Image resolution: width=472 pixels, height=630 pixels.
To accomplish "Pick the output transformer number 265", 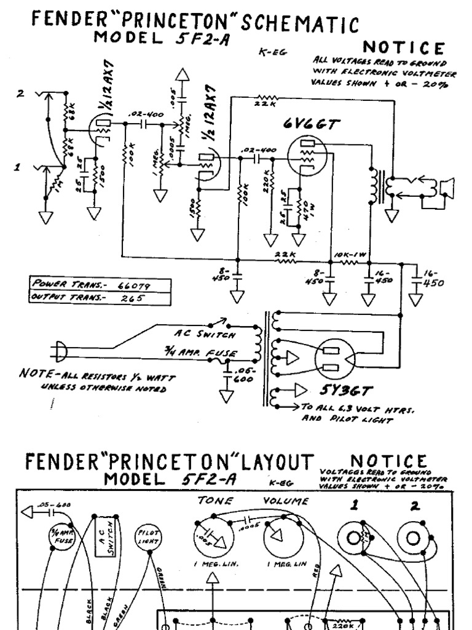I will (132, 298).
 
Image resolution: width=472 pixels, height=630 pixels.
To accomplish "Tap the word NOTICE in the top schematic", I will (403, 47).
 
